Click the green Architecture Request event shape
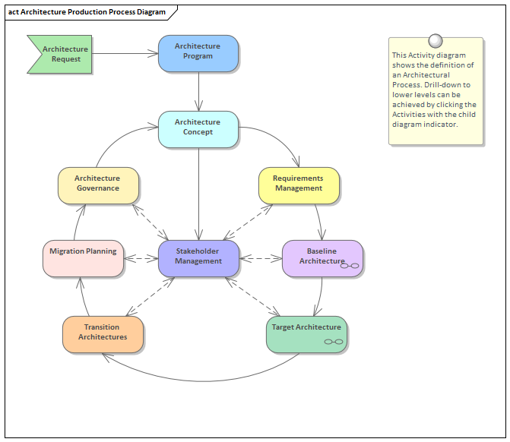click(61, 54)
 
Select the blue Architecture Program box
click(198, 54)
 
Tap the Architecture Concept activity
click(198, 129)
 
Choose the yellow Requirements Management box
click(299, 185)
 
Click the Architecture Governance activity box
click(98, 185)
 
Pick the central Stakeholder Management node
click(198, 258)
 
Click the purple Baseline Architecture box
click(322, 258)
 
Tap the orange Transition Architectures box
click(103, 334)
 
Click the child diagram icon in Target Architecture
click(334, 342)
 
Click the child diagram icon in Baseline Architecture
click(350, 265)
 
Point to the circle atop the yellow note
click(436, 41)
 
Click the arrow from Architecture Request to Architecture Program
click(125, 54)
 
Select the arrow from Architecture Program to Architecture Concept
click(198, 91)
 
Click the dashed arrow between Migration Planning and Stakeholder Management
click(141, 258)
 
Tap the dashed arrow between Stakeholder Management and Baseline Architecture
click(261, 258)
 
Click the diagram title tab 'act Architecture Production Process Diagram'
click(87, 11)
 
